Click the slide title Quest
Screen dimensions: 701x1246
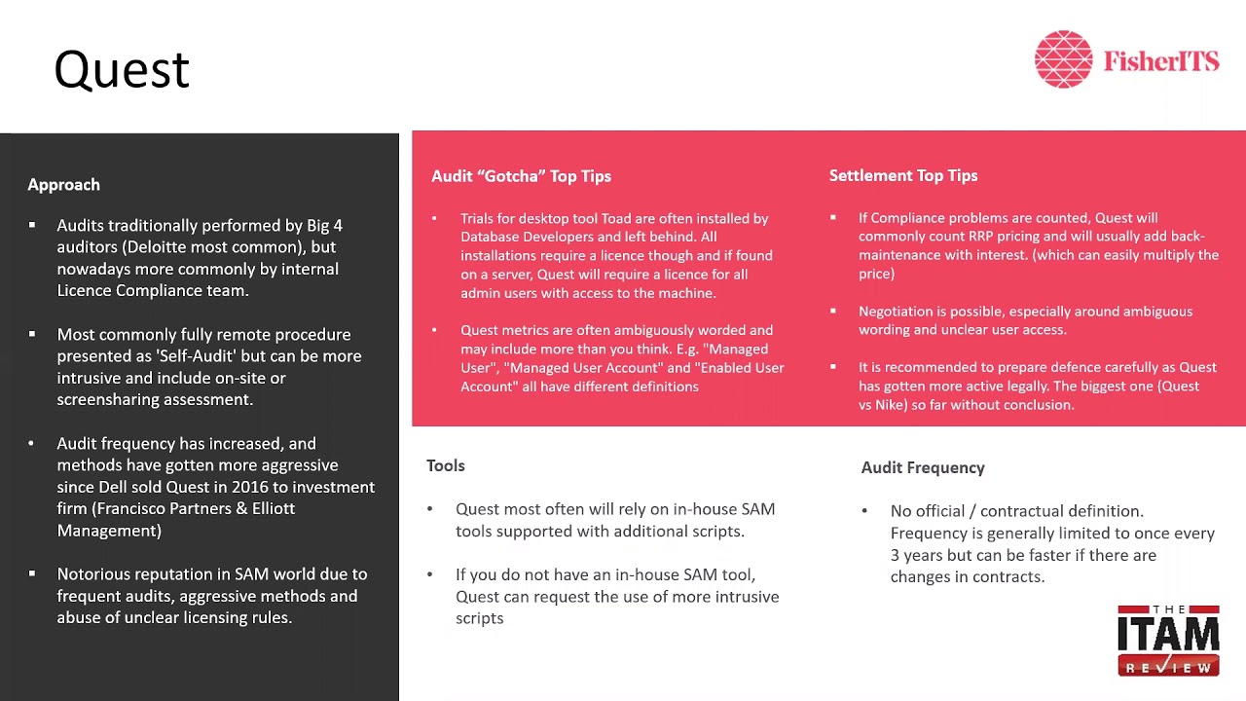[122, 70]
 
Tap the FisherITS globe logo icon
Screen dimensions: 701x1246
[1063, 59]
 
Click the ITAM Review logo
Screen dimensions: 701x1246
[1168, 640]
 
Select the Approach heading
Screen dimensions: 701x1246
[63, 184]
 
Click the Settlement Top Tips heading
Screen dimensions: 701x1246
[903, 175]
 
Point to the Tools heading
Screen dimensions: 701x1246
[445, 465]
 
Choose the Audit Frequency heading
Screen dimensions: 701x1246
[923, 467]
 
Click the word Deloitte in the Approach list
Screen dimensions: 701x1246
[155, 247]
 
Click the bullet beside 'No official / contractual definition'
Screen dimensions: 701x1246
[864, 511]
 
